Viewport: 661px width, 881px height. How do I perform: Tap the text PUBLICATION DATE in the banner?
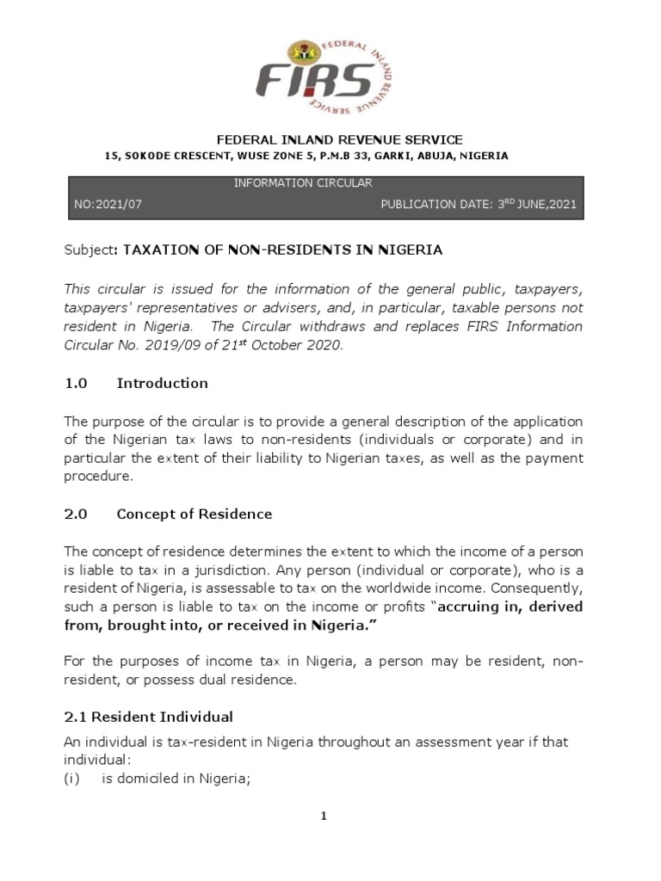tap(434, 206)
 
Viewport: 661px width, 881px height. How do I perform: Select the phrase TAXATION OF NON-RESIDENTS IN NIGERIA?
tap(283, 250)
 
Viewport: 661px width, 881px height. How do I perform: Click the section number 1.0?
tap(77, 383)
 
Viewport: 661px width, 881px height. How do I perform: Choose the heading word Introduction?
tap(162, 383)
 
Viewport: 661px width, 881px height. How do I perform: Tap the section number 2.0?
tap(77, 514)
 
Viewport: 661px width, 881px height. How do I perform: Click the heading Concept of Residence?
tap(194, 514)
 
